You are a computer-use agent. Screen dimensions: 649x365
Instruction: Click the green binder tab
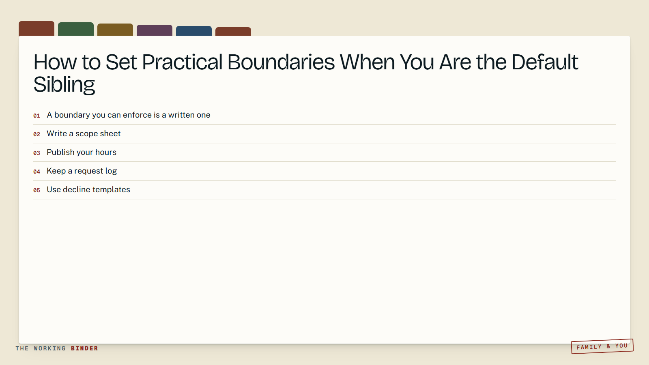click(x=75, y=29)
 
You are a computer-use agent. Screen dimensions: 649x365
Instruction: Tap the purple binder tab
click(x=155, y=30)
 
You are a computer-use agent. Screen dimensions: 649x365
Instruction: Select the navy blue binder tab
click(x=194, y=31)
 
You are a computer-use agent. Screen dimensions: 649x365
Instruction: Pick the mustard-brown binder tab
click(x=115, y=30)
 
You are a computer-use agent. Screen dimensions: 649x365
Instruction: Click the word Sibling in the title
click(x=64, y=85)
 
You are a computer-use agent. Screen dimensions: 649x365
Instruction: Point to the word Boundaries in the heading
click(x=281, y=62)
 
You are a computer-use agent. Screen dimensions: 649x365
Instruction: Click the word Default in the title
click(x=545, y=62)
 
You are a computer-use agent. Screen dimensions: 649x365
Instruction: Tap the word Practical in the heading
click(x=182, y=62)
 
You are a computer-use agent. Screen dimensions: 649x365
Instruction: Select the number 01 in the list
click(x=37, y=116)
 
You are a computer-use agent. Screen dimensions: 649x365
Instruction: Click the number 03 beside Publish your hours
click(x=37, y=153)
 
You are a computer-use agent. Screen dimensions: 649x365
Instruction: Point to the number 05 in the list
click(x=37, y=190)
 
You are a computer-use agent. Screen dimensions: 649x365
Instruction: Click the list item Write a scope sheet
click(x=84, y=133)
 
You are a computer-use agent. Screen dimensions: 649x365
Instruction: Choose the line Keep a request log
click(x=82, y=171)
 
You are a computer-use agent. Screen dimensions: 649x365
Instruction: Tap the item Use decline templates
click(x=88, y=189)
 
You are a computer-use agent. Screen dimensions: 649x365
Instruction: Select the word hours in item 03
click(x=106, y=152)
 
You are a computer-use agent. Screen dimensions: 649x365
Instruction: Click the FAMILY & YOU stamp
click(x=602, y=346)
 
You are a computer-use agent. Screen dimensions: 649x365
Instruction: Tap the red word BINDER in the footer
click(x=85, y=348)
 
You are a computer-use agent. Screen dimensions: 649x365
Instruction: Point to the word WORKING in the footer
click(x=50, y=348)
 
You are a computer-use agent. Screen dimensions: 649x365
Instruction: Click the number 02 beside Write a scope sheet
click(x=37, y=134)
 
